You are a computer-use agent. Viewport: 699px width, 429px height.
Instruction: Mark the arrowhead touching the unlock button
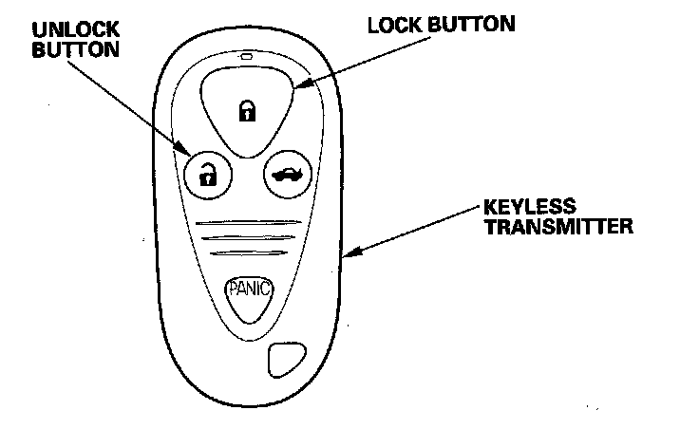[186, 147]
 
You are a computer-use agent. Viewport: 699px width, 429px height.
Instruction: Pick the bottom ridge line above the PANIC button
[248, 253]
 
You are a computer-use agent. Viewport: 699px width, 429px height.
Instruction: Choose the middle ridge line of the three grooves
[248, 238]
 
